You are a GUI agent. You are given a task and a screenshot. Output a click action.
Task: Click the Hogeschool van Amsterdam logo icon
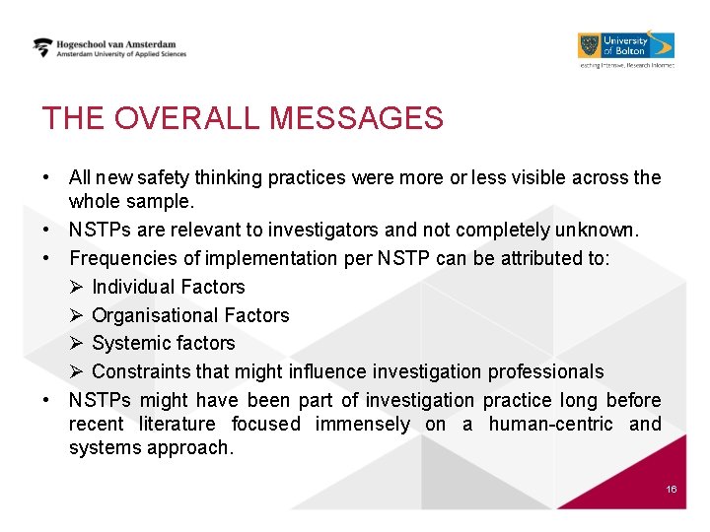tap(43, 47)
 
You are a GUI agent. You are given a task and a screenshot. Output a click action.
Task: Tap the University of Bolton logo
tap(625, 46)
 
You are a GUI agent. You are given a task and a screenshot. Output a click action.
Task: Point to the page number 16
tap(672, 490)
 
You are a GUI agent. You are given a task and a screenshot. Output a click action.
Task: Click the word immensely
tap(362, 425)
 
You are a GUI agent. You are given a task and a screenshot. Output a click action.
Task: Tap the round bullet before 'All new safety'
tap(47, 178)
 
